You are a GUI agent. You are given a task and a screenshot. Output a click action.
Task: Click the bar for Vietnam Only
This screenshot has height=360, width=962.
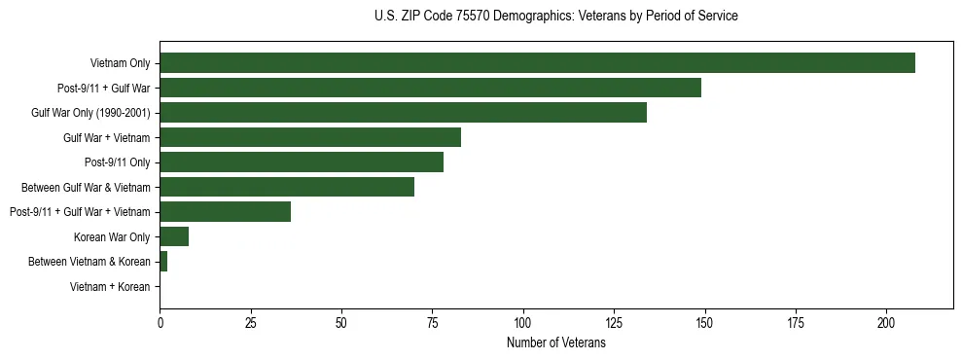click(x=537, y=63)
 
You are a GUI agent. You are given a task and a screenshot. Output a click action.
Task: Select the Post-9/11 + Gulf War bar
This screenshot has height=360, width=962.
click(x=430, y=89)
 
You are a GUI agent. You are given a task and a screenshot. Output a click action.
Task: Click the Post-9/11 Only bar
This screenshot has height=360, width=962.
click(x=302, y=162)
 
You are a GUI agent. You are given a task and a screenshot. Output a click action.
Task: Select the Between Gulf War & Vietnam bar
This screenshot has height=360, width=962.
click(x=287, y=187)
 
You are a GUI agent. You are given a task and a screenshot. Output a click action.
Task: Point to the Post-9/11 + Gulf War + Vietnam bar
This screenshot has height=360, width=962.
click(x=225, y=212)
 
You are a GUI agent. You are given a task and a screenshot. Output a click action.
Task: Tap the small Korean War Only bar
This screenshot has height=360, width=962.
click(x=174, y=236)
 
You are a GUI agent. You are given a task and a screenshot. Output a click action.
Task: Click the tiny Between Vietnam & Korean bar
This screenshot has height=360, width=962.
click(x=163, y=262)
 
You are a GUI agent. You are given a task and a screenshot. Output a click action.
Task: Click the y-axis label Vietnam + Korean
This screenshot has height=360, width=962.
click(x=110, y=287)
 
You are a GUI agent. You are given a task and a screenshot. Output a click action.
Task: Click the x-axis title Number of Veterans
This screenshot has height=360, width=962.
click(x=555, y=343)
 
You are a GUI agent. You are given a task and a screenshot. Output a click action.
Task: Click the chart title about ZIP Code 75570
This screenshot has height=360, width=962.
click(x=555, y=17)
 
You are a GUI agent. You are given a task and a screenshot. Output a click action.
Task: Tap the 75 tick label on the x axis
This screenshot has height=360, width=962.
click(x=432, y=322)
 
